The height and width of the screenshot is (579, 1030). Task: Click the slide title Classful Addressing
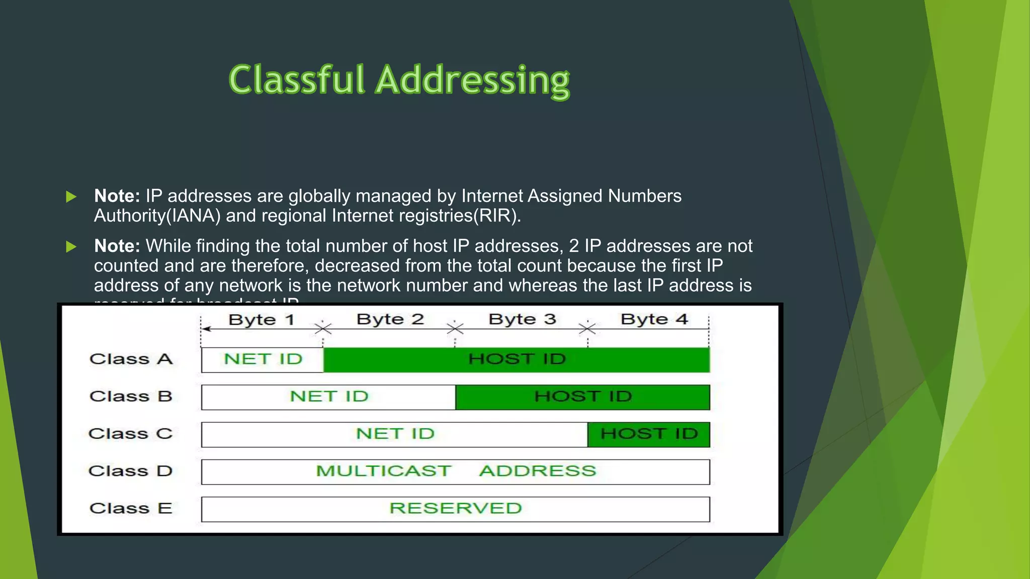(399, 80)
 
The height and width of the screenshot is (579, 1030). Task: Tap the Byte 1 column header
(261, 320)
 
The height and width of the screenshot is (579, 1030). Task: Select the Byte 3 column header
(522, 320)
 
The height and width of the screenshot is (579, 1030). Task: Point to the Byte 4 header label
(654, 320)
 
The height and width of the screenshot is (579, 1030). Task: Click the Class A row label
(131, 359)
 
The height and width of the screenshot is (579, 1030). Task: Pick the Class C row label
(130, 434)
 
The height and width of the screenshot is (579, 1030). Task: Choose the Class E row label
(131, 508)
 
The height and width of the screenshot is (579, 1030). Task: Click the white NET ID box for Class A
(263, 359)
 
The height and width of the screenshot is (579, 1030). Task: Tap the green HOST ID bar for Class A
(517, 359)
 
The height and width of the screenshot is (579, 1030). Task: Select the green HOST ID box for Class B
(582, 397)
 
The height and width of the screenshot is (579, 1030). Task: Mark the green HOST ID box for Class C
(649, 434)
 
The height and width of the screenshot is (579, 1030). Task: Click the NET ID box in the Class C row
(395, 434)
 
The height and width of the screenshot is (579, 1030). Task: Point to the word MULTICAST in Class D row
(383, 471)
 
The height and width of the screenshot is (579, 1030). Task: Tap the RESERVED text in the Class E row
(456, 508)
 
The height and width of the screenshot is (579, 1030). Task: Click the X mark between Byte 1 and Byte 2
(323, 329)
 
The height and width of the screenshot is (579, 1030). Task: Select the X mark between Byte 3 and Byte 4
(587, 329)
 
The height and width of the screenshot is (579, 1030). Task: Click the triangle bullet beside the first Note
(71, 197)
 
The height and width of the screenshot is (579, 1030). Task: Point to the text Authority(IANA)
(157, 216)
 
